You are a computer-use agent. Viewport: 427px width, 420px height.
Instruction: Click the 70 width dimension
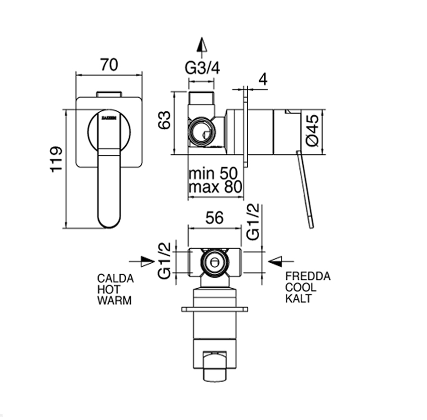[109, 64]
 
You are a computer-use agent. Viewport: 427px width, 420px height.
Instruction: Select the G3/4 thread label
[202, 68]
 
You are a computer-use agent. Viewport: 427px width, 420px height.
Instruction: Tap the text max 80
[215, 188]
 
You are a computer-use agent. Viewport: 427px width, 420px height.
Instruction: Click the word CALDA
[115, 278]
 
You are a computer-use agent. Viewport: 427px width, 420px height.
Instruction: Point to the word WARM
[114, 300]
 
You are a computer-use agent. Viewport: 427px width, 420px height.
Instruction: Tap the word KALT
[298, 299]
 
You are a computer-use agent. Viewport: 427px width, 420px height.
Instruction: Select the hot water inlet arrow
[142, 261]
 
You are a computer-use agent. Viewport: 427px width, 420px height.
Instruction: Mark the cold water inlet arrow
[281, 260]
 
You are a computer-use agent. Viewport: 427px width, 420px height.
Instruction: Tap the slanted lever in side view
[305, 189]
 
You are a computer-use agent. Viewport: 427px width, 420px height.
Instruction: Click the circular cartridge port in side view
[202, 132]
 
